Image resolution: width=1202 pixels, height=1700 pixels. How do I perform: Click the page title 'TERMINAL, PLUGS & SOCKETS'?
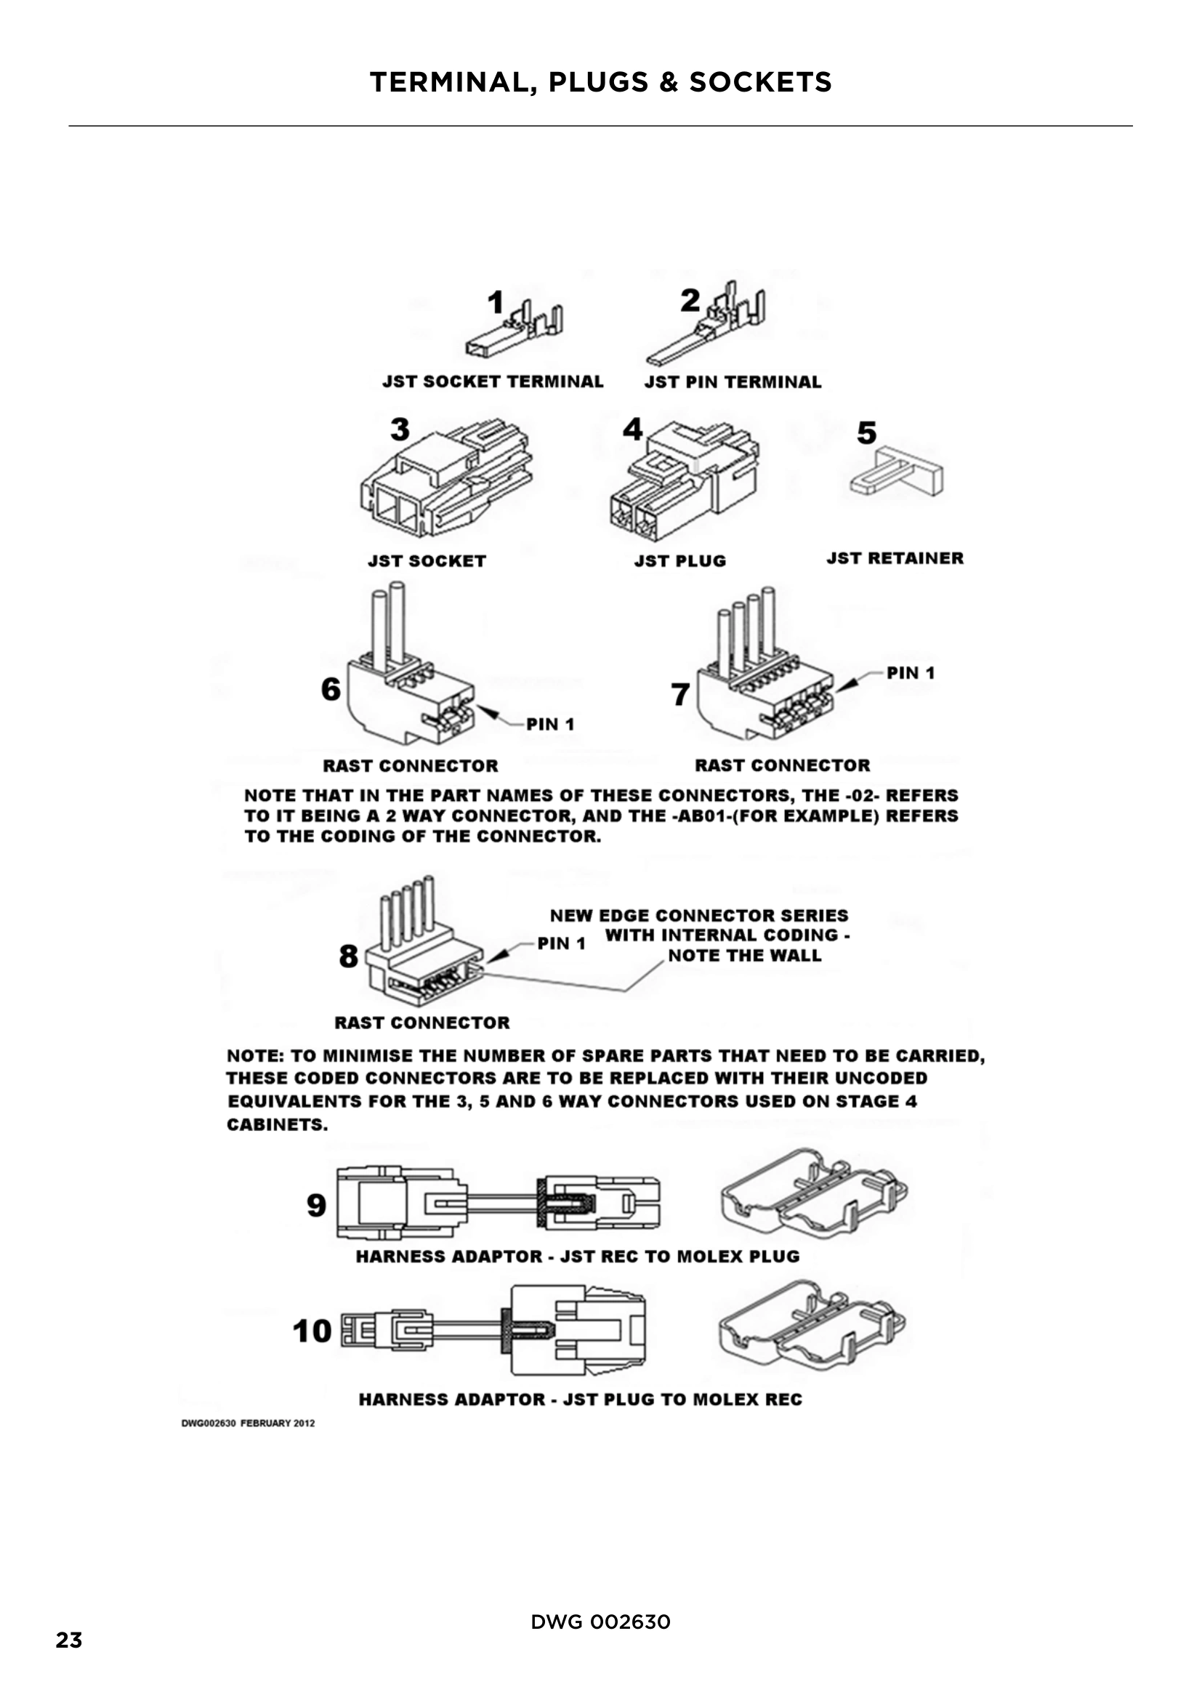tap(600, 82)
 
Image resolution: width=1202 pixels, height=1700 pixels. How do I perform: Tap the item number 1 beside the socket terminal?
tap(495, 302)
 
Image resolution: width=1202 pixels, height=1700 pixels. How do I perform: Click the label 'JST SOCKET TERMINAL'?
tap(492, 382)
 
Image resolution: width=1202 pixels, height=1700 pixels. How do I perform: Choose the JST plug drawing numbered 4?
tap(685, 481)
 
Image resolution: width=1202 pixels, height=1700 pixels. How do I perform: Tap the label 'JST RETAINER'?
tap(894, 558)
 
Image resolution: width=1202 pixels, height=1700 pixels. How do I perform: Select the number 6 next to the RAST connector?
tap(330, 689)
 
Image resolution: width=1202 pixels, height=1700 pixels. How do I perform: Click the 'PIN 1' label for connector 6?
tap(550, 724)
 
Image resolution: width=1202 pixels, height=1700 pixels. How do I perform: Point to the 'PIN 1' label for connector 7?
tap(911, 673)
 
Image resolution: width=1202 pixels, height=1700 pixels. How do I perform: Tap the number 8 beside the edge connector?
tap(349, 956)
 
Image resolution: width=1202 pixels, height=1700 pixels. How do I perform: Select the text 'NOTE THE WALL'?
tap(744, 956)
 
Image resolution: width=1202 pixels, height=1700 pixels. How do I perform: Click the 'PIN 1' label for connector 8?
tap(561, 944)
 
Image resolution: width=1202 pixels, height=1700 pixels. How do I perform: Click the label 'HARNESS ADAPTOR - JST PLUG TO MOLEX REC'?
tap(580, 1399)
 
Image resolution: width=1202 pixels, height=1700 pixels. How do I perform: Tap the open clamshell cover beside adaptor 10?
tap(812, 1331)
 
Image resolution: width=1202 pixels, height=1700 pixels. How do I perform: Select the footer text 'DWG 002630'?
tap(600, 1622)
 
